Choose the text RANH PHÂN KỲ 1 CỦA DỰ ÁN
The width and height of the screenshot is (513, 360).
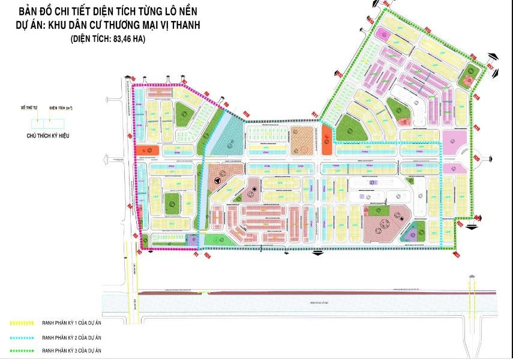75,323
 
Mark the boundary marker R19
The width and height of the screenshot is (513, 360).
478,127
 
